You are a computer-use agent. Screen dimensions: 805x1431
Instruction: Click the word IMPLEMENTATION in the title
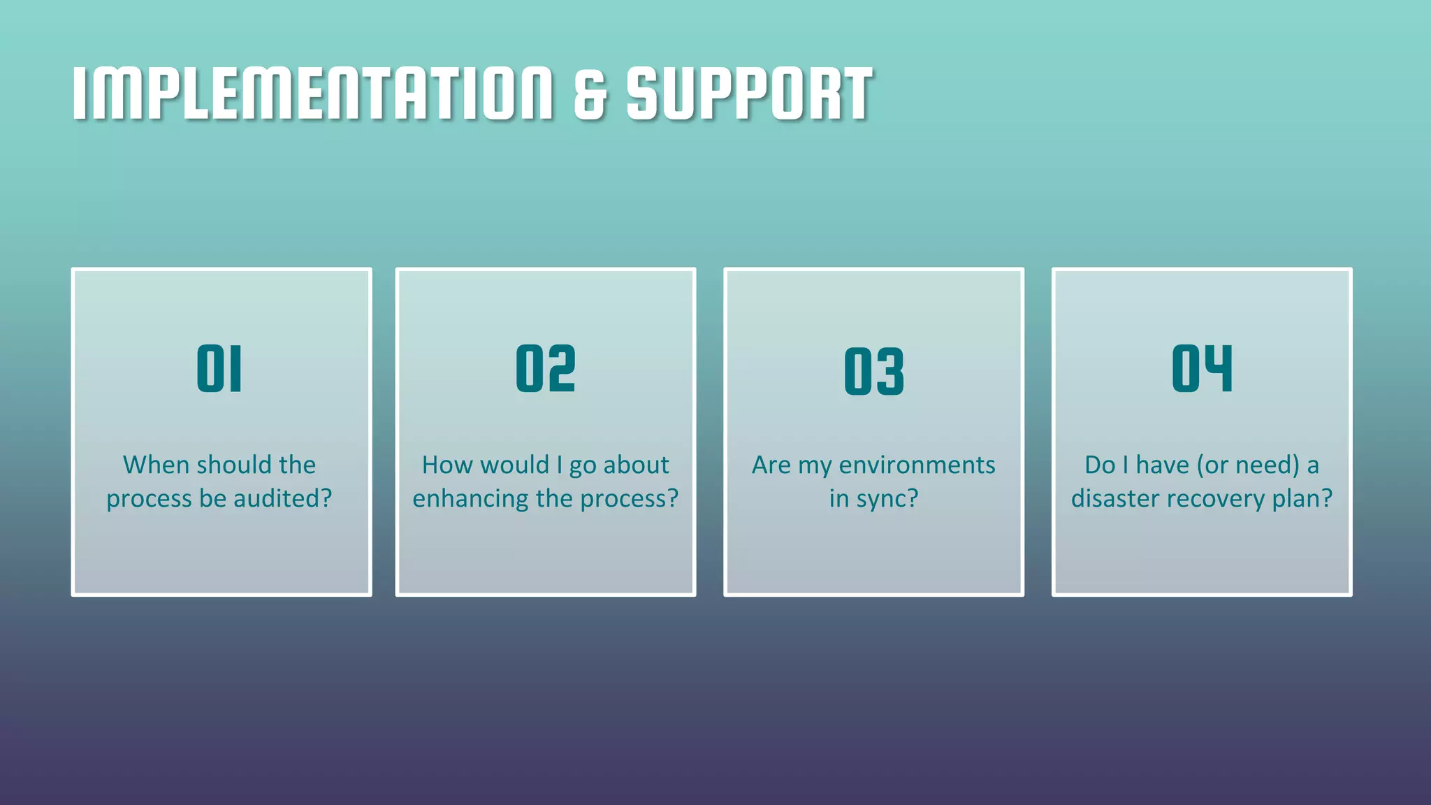[312, 94]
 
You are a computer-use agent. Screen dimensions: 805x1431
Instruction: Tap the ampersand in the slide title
[590, 94]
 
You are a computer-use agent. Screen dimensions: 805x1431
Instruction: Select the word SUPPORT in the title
[749, 94]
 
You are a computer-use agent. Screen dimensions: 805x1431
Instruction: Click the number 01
[219, 368]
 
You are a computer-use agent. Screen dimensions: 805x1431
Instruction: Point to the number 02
[546, 368]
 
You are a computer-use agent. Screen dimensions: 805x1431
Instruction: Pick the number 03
[874, 371]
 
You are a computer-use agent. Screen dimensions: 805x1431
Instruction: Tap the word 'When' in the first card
[157, 465]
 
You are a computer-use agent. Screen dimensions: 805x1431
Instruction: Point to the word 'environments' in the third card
[917, 465]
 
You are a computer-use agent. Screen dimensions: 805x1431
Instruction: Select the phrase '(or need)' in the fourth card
[1248, 465]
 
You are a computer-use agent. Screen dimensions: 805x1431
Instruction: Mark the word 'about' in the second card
[636, 465]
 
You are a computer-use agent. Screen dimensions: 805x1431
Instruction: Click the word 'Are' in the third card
[771, 465]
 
